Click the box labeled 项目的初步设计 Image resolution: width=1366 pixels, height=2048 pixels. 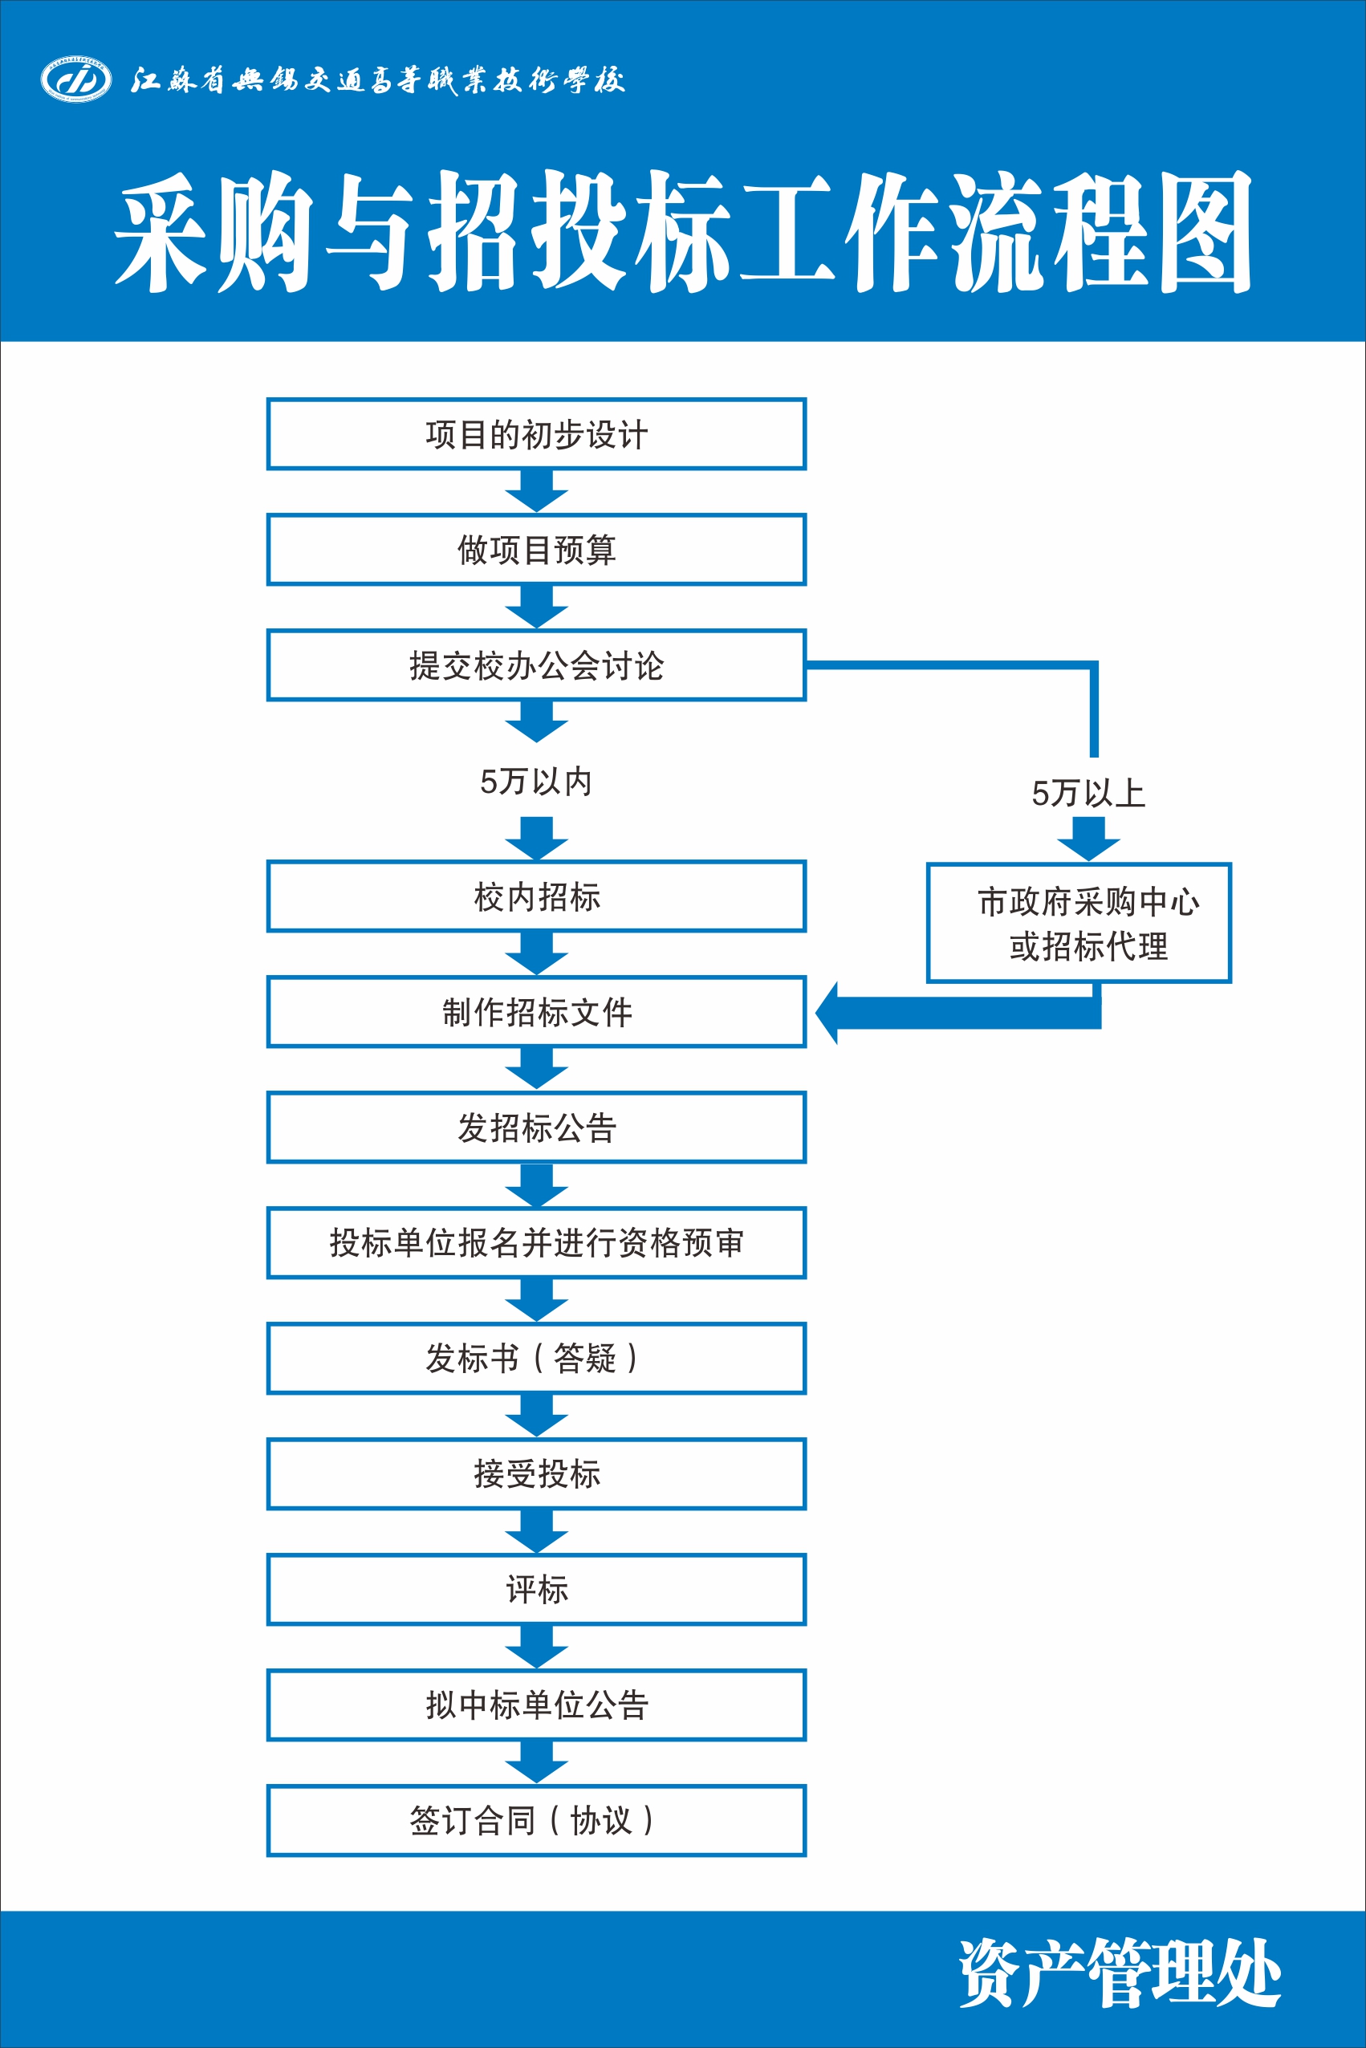pos(536,434)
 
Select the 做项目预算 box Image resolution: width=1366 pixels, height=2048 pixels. pos(536,550)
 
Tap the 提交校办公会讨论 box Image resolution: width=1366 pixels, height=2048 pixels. pos(536,665)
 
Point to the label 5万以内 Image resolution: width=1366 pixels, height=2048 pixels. pos(536,782)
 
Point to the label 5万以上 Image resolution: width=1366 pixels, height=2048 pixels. pos(1088,793)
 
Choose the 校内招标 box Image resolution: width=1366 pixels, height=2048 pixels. pos(536,896)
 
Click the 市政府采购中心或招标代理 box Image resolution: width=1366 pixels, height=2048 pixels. pos(1079,923)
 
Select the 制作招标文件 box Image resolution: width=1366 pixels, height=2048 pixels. pos(536,1011)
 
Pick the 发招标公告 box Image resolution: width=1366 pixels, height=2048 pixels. pos(536,1128)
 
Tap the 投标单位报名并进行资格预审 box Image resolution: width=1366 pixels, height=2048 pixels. pos(536,1242)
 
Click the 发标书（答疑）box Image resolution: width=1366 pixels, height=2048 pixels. pos(536,1358)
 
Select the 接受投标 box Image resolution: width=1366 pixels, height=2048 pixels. pos(536,1474)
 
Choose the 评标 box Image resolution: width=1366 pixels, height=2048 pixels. pos(536,1589)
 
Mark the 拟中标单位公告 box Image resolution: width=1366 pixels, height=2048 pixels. pos(536,1705)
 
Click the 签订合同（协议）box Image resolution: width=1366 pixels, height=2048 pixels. pos(536,1821)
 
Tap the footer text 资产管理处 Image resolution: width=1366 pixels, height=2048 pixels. pos(1120,1974)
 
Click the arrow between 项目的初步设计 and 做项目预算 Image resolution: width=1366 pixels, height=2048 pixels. pos(537,490)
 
